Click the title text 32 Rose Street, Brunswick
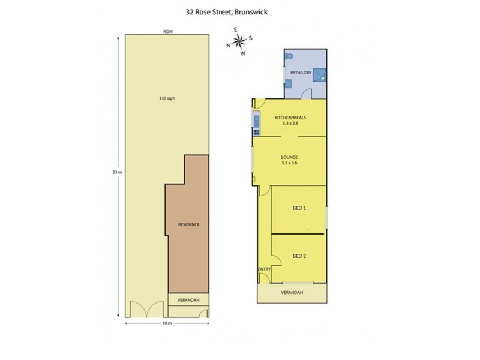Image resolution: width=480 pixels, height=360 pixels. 239,10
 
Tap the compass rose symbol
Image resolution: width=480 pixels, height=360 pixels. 239,41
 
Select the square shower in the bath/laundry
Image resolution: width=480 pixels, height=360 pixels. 322,75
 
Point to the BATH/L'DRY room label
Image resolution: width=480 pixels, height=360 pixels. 301,73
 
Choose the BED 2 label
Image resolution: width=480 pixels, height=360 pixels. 299,256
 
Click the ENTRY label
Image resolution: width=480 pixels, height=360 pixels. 264,269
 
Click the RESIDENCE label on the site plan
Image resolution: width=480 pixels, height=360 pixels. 188,224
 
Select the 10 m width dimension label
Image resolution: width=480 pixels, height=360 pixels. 167,324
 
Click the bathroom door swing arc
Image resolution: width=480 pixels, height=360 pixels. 306,94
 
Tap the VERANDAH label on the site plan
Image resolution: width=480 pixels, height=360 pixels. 188,299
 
